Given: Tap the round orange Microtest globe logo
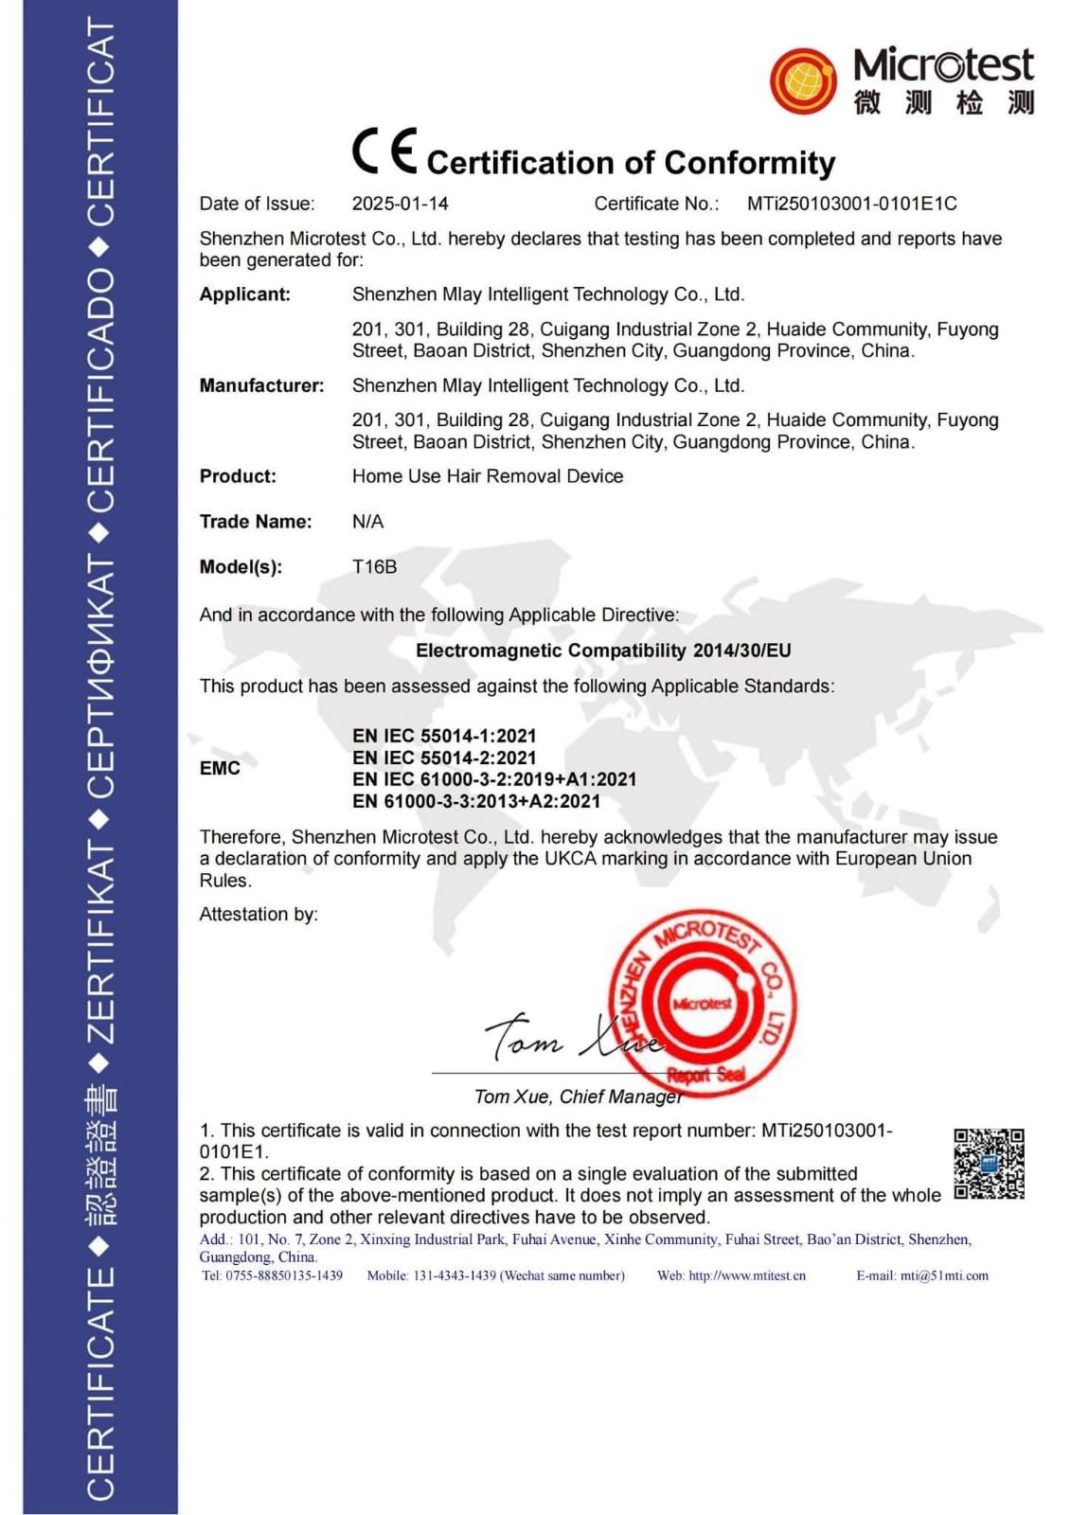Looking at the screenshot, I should coord(803,80).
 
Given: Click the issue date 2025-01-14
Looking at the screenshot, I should coord(400,204).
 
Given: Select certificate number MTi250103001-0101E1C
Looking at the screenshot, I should coord(851,204).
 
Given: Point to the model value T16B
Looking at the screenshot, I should coord(374,567).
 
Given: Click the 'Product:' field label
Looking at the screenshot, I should coord(238,476).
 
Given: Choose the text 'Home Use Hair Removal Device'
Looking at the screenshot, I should coord(487,476).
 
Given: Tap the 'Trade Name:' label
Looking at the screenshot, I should coord(255,522).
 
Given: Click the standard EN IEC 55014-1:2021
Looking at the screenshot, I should coord(444,736).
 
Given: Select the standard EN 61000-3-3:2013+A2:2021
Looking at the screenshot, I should coord(475,801).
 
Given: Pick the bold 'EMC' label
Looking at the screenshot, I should coord(220,768).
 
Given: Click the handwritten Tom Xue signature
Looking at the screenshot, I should coord(568,1037).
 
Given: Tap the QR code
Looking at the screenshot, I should coord(989,1164).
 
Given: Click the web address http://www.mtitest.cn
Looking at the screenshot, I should coord(746,1275).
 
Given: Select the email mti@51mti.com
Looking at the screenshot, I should coord(944,1275).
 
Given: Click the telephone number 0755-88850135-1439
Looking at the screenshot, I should coord(284,1275).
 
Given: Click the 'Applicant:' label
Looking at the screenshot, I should coord(244,294).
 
